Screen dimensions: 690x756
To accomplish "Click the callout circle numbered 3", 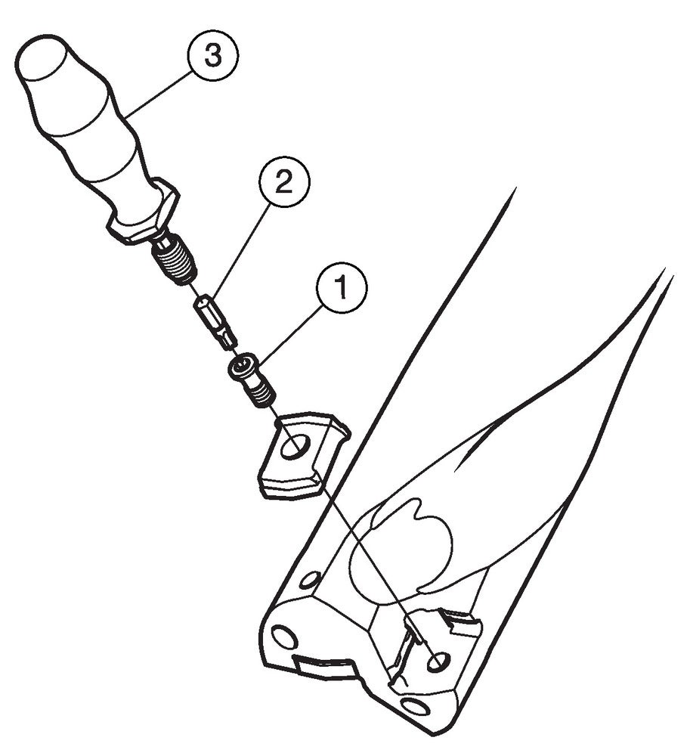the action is [212, 57].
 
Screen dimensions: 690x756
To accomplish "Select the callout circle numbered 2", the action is [285, 183].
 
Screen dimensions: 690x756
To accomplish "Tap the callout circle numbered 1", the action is [342, 288].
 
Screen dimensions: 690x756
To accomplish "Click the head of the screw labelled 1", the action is [243, 367].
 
